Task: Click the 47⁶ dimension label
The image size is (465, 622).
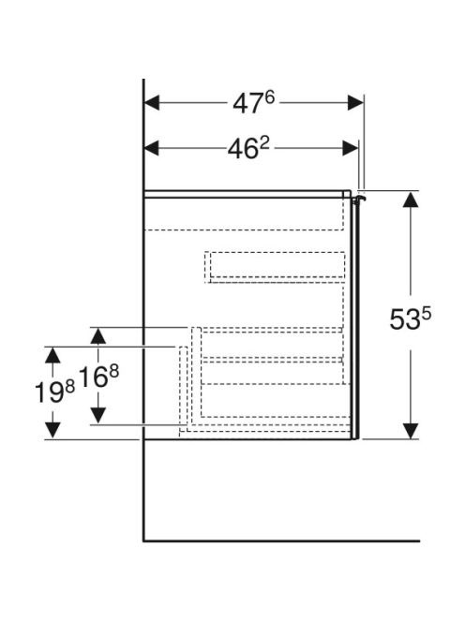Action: (253, 103)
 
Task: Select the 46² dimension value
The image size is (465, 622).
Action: (248, 148)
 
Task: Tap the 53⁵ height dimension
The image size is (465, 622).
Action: (411, 318)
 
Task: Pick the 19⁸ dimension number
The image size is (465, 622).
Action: (54, 392)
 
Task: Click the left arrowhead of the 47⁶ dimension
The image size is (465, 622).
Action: (152, 103)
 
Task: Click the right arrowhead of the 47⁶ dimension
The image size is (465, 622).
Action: (355, 103)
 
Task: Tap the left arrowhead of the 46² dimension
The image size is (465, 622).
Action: (151, 148)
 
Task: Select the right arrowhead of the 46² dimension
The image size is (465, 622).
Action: (351, 148)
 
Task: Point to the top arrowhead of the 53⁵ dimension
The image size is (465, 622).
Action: (411, 199)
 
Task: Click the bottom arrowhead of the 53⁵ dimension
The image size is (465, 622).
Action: (411, 431)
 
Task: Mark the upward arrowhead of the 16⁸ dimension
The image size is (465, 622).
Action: (98, 335)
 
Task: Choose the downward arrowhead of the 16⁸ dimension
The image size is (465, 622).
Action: (98, 416)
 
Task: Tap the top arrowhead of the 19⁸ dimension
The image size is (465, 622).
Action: (52, 355)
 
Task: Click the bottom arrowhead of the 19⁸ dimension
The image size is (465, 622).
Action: (52, 431)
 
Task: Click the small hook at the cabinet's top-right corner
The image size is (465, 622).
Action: (359, 200)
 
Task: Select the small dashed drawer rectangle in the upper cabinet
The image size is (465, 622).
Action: (276, 267)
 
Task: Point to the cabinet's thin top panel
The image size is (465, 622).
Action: (247, 194)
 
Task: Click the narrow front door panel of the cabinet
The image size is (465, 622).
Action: (355, 318)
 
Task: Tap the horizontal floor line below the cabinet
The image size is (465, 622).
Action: (281, 541)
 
